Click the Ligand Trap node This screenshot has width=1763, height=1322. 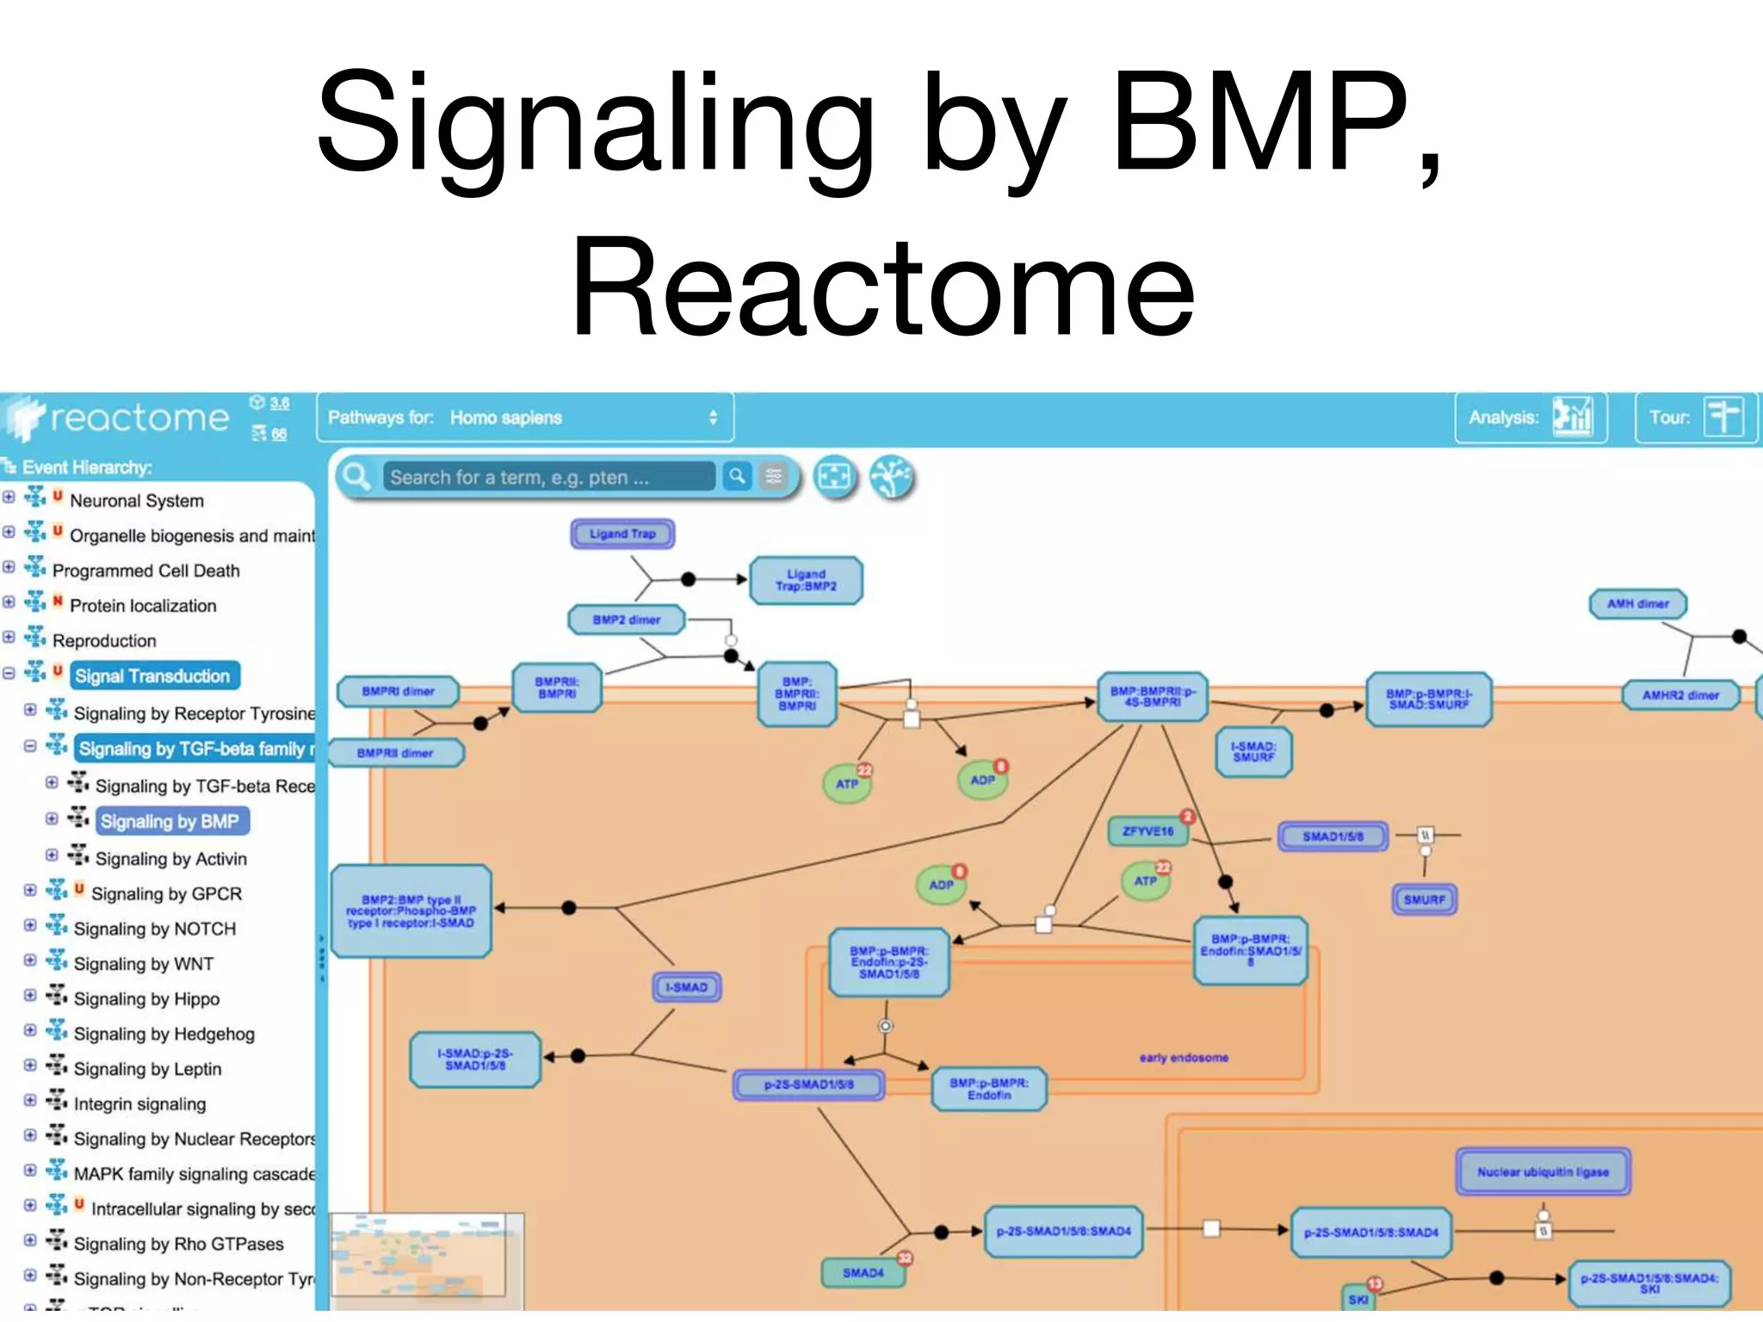pyautogui.click(x=622, y=534)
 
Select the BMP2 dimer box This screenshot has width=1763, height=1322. pyautogui.click(x=626, y=620)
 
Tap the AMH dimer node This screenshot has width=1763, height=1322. pyautogui.click(x=1637, y=603)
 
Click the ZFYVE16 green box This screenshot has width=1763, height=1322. pyautogui.click(x=1147, y=831)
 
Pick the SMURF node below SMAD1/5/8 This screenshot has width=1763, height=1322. pyautogui.click(x=1424, y=899)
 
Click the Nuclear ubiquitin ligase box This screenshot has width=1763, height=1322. pyautogui.click(x=1543, y=1171)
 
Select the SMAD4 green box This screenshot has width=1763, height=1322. pyautogui.click(x=863, y=1272)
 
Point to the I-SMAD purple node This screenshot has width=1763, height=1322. pyautogui.click(x=686, y=987)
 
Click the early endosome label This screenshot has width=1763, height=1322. pyautogui.click(x=1184, y=1057)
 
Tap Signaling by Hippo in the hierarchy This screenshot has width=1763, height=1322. pyautogui.click(x=146, y=998)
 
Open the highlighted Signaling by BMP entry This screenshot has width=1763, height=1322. pyautogui.click(x=170, y=821)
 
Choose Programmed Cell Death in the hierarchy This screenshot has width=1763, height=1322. pyautogui.click(x=145, y=571)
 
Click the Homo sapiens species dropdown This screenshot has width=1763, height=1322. pyautogui.click(x=525, y=417)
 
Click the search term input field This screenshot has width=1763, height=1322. pyautogui.click(x=549, y=477)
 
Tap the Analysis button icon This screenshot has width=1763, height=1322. pyautogui.click(x=1573, y=417)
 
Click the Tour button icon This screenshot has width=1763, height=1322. pyautogui.click(x=1723, y=417)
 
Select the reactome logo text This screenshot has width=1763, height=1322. pyautogui.click(x=139, y=418)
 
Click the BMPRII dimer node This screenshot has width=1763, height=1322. pyautogui.click(x=395, y=753)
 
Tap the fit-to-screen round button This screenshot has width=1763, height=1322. pyautogui.click(x=834, y=477)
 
